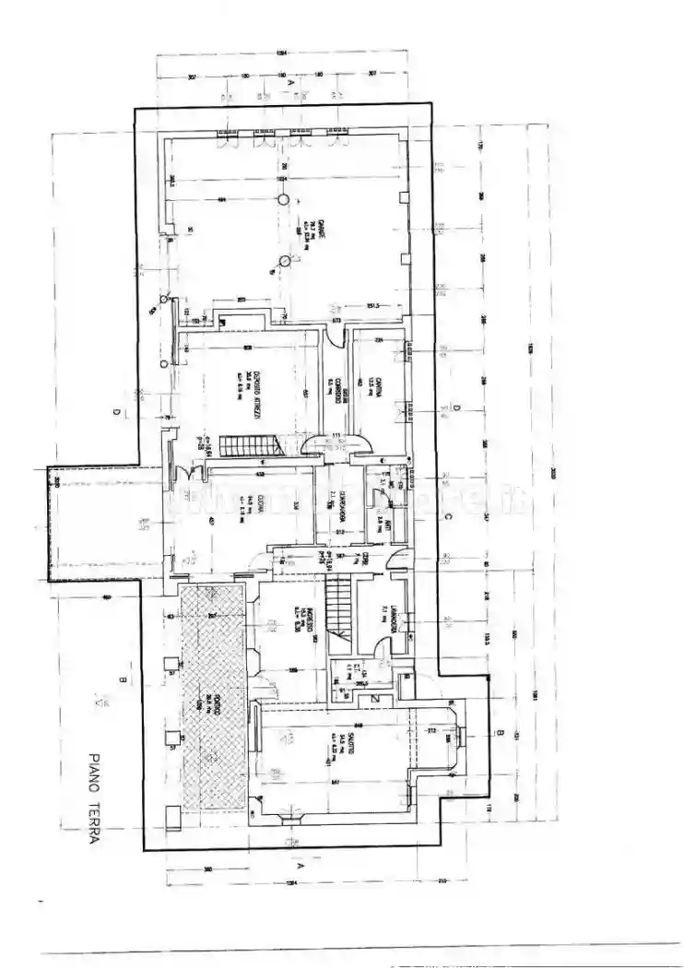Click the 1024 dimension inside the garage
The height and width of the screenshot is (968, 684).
coord(284,177)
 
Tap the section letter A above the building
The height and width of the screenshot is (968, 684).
coord(290,81)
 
